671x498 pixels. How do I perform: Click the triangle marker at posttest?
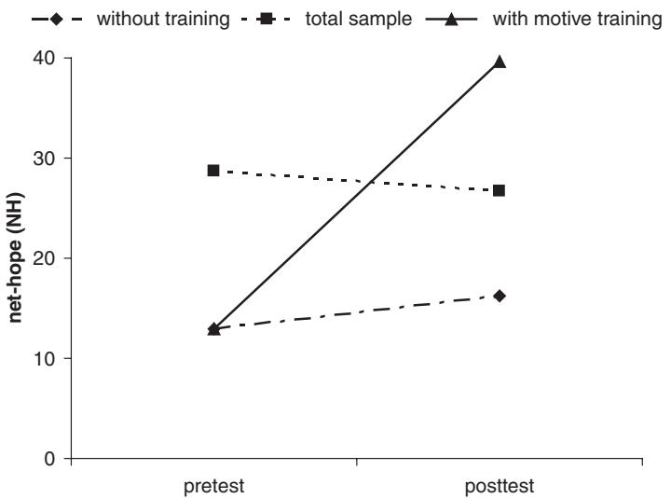coord(500,62)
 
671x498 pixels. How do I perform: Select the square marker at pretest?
coord(213,171)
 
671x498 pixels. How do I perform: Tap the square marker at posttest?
coord(500,190)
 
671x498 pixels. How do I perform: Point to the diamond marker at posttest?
coord(500,296)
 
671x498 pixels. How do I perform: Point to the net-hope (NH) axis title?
coord(16,258)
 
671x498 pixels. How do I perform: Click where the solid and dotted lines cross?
coord(372,182)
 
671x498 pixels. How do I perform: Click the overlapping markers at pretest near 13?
coord(213,328)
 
